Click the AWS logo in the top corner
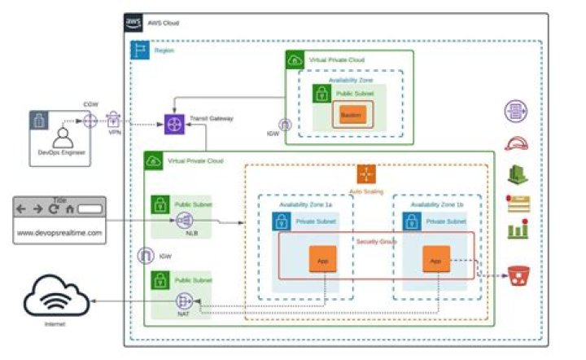(133, 22)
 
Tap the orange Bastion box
(350, 116)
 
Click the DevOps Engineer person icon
(59, 136)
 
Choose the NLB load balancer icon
(183, 220)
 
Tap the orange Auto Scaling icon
(366, 174)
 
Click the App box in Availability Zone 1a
(322, 260)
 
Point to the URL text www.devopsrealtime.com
(60, 233)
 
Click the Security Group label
(376, 241)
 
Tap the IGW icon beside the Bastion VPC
(285, 125)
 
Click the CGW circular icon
(90, 121)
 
